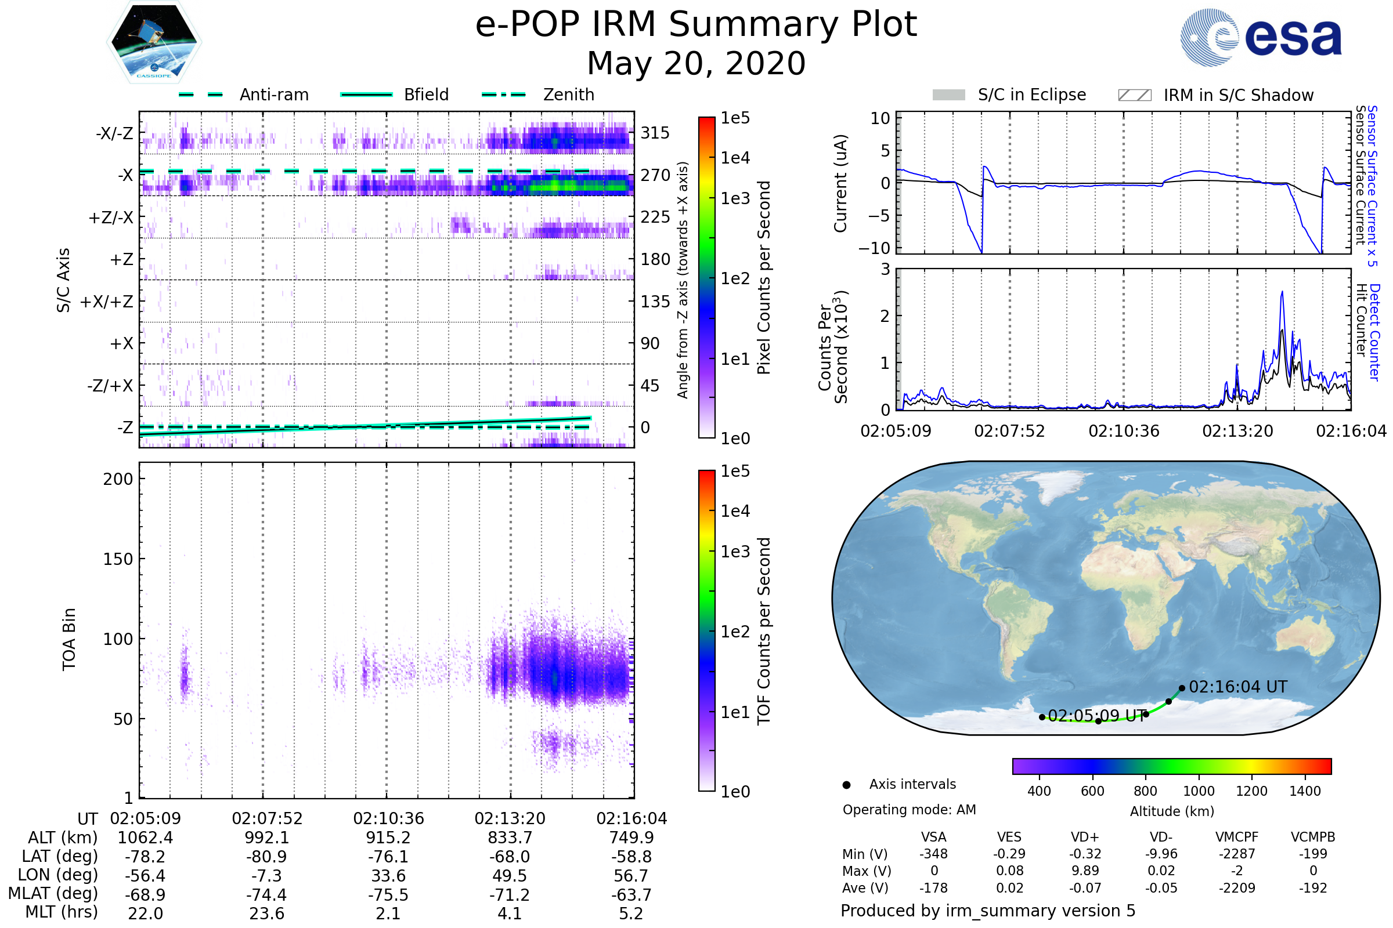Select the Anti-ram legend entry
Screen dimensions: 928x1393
[273, 95]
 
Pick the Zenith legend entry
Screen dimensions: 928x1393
[568, 95]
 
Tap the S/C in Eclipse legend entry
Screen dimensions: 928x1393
[1031, 95]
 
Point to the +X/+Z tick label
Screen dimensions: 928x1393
[107, 302]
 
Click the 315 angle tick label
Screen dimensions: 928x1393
[655, 133]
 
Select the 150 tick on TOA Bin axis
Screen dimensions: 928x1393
[118, 559]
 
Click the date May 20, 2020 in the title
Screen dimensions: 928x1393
[696, 63]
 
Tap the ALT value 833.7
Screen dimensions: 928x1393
[510, 838]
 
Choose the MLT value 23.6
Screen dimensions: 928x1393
[266, 913]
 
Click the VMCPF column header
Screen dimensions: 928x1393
[1237, 837]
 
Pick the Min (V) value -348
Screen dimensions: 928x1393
[933, 854]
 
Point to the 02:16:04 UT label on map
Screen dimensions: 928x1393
[1238, 687]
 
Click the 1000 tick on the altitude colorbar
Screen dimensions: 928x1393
[1199, 791]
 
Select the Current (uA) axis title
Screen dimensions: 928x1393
[840, 183]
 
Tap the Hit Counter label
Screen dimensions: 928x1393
[1362, 320]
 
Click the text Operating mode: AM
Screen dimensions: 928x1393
[909, 810]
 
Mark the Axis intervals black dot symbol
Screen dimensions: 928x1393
[847, 785]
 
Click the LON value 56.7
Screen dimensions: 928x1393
[631, 875]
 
